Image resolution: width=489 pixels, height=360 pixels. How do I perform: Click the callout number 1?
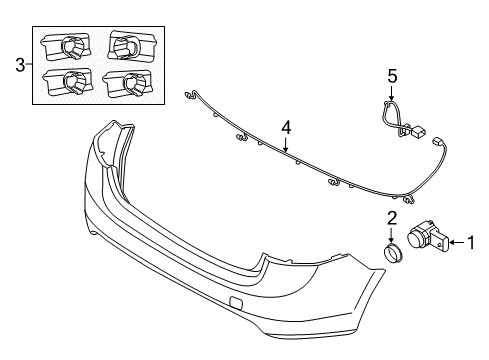pyautogui.click(x=475, y=268)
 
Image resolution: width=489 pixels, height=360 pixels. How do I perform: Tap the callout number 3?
pyautogui.click(x=17, y=67)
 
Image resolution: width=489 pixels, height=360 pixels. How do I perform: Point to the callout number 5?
pyautogui.click(x=392, y=74)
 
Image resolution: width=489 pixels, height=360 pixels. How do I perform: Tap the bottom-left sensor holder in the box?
pyautogui.click(x=68, y=82)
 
